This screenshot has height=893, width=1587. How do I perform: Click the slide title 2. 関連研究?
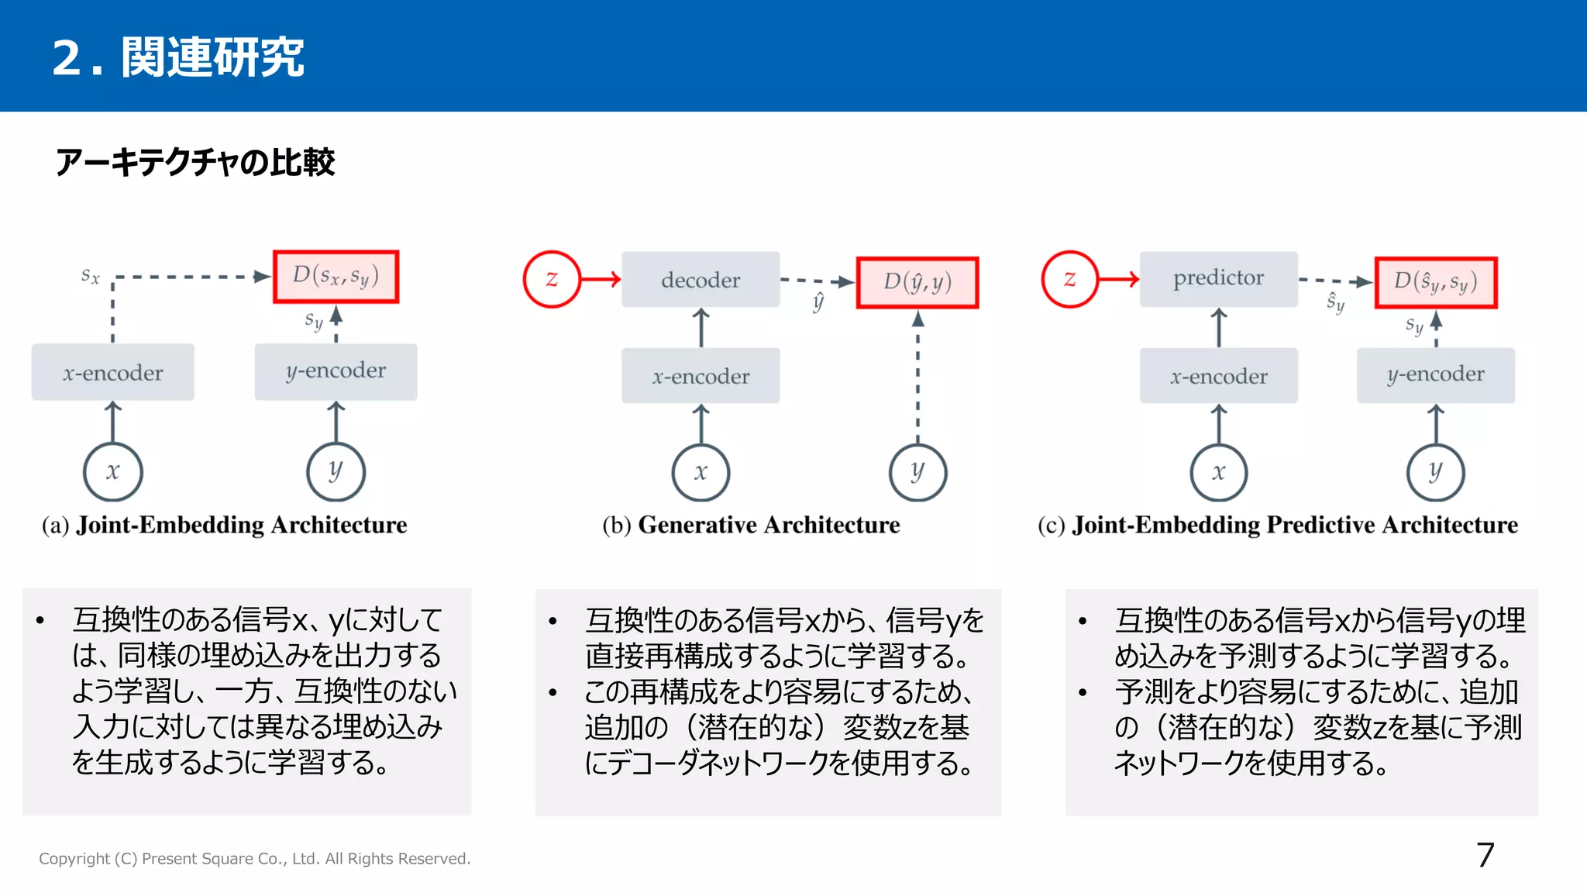click(177, 57)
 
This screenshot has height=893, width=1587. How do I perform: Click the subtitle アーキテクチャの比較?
click(195, 162)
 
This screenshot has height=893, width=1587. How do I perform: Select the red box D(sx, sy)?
click(336, 276)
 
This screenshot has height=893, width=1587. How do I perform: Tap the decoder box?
click(701, 279)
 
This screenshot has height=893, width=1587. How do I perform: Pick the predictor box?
click(1218, 278)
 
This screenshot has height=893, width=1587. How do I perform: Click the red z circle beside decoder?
click(552, 279)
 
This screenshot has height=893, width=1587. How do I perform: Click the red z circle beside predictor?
click(1069, 279)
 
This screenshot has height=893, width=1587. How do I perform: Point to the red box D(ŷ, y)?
click(917, 282)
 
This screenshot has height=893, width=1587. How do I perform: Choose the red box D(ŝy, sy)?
click(1436, 282)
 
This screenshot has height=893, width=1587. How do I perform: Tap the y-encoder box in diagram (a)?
click(336, 372)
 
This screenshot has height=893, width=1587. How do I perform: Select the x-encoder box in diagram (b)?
click(701, 376)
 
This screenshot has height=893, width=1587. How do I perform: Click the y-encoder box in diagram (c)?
click(1436, 375)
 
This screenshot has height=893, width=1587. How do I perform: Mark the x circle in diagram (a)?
click(113, 471)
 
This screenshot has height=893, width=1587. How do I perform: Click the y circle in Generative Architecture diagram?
click(917, 471)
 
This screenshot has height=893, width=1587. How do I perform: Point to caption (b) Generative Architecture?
click(751, 525)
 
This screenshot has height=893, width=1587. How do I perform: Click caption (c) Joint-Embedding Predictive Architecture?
click(1278, 525)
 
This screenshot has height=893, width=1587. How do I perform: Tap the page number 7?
click(1485, 856)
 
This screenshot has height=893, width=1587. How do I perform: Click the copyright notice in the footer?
click(254, 859)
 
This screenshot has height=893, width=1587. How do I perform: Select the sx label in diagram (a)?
click(91, 275)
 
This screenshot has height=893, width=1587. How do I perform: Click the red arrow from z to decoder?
click(601, 279)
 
